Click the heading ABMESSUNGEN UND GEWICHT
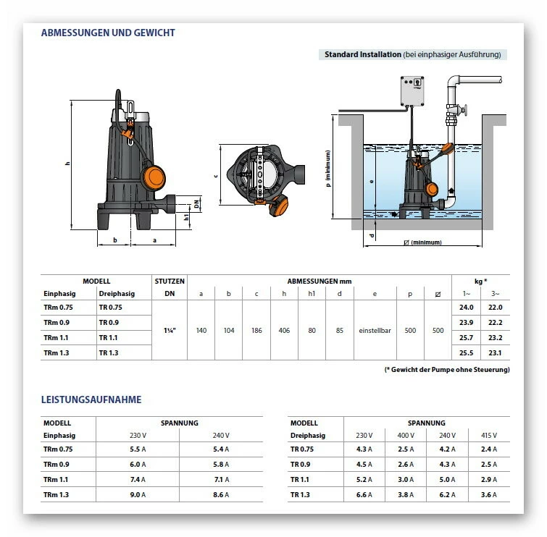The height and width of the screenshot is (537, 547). [x=108, y=33]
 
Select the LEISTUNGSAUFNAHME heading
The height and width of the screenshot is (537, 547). [x=91, y=399]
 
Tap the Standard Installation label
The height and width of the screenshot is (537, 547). [x=362, y=54]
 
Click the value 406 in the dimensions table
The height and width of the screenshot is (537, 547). [x=284, y=330]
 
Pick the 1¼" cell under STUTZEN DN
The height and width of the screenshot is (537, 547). [x=170, y=330]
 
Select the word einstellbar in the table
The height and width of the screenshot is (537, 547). [x=375, y=330]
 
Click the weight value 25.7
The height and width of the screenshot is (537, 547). [x=465, y=338]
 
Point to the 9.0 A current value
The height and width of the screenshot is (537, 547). [x=137, y=494]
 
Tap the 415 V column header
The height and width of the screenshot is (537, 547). [x=490, y=436]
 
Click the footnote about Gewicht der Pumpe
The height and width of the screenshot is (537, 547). [x=446, y=370]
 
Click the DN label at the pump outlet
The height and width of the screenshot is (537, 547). [x=196, y=203]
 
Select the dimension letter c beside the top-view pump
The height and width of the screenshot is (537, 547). [x=216, y=176]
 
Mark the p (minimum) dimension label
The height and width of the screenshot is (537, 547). [x=328, y=169]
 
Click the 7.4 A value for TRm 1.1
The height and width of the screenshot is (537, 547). [x=137, y=480]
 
